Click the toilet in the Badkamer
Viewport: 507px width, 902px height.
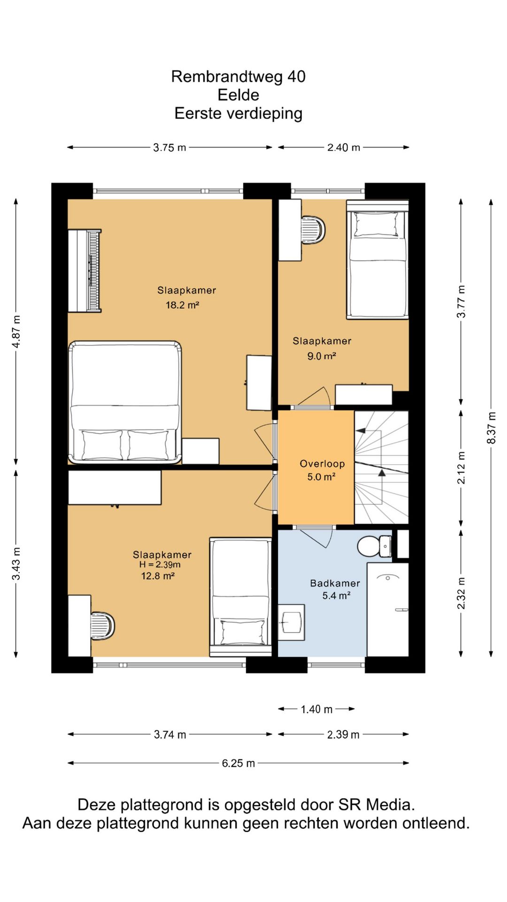click(374, 546)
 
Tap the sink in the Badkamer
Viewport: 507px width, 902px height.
click(291, 622)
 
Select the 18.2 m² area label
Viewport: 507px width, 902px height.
click(182, 305)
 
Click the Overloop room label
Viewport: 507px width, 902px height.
click(322, 464)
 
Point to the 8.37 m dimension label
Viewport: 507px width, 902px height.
click(491, 428)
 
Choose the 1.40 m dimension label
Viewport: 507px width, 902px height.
click(316, 709)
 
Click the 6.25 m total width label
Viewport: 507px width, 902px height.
click(238, 763)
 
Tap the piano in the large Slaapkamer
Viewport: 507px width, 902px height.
click(84, 271)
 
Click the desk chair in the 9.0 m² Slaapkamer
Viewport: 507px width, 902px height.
click(314, 230)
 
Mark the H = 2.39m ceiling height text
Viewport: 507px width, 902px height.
click(160, 565)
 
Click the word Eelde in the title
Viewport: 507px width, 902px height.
click(238, 95)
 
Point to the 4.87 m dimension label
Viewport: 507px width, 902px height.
click(16, 332)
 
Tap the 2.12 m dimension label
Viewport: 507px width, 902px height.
click(461, 467)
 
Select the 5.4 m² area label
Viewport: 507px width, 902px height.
click(336, 596)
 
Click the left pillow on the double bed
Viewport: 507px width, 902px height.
click(102, 445)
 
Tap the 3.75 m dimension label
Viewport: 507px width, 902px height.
click(169, 148)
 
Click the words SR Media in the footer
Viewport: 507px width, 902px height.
click(376, 805)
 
